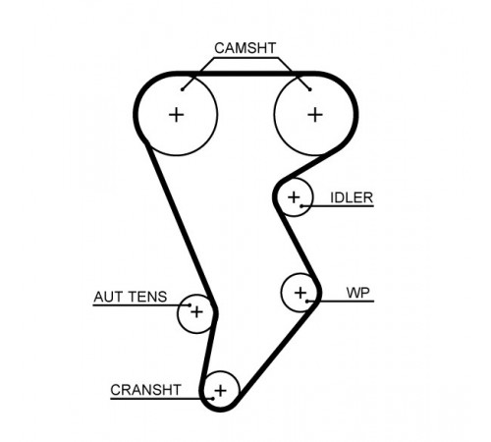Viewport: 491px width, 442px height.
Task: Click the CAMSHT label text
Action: coord(245,48)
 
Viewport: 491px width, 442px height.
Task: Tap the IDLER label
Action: coord(352,197)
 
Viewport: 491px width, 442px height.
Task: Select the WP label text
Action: coord(358,293)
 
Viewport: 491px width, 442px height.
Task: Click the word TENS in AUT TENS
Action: coord(148,297)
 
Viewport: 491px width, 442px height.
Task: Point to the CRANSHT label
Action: coord(145,390)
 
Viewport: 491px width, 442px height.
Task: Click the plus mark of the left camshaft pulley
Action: coord(177,115)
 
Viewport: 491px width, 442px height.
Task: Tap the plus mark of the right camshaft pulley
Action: coord(315,115)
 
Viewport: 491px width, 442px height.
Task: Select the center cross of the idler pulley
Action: coord(294,197)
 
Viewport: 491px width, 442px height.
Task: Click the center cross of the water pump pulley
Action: coord(300,293)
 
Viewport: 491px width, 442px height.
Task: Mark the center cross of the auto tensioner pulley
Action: coord(196,312)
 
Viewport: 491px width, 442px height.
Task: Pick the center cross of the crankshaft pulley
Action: coord(220,390)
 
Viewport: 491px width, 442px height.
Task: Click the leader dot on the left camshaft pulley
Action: coord(183,89)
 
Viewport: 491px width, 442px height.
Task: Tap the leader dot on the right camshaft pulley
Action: coord(309,89)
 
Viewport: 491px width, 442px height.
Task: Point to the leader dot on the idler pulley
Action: coord(301,206)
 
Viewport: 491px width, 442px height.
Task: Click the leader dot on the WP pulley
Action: coord(307,301)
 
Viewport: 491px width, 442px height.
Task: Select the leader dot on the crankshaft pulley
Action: coord(213,399)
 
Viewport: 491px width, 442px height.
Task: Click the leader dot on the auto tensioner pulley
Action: coord(190,305)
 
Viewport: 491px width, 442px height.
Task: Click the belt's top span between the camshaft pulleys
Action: coord(245,74)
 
